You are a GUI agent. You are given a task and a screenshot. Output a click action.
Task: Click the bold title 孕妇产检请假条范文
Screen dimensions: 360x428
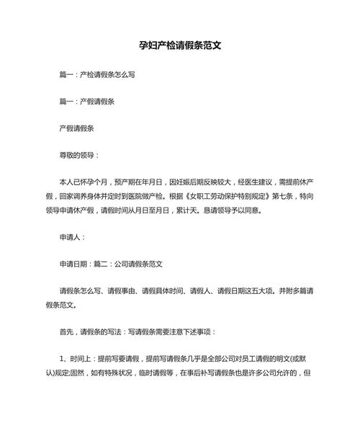(x=179, y=44)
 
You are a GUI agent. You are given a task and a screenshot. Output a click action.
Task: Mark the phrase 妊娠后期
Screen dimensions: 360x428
(x=195, y=182)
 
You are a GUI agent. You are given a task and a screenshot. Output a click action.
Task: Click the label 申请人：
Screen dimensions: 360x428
(x=73, y=236)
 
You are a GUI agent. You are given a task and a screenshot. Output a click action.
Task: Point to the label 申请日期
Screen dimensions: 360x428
(x=76, y=263)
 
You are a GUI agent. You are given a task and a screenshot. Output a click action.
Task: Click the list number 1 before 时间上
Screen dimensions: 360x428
(x=61, y=358)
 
